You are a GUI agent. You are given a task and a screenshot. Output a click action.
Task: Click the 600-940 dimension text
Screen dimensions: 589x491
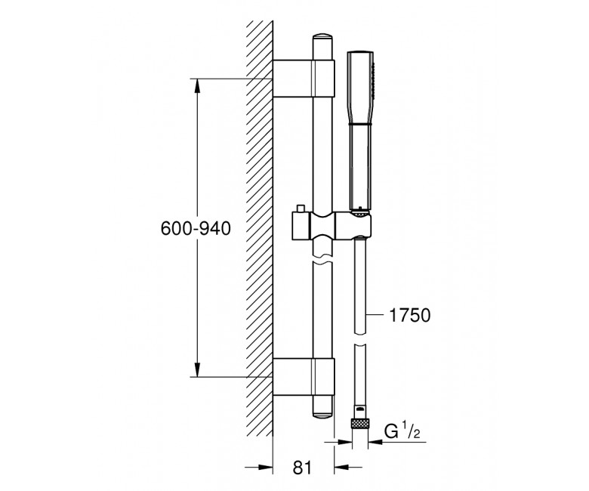click(x=196, y=228)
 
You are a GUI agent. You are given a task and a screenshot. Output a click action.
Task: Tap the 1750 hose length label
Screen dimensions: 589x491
click(x=409, y=315)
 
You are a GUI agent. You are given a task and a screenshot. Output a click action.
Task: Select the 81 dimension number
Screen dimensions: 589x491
click(x=302, y=468)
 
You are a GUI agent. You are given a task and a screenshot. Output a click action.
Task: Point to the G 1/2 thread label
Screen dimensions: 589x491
click(x=402, y=431)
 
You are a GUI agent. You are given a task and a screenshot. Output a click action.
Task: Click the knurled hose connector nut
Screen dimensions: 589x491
click(x=360, y=424)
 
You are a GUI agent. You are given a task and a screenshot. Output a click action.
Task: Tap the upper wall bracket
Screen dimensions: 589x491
click(x=304, y=79)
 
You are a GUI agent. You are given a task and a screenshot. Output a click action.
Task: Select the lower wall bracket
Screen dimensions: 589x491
click(x=304, y=377)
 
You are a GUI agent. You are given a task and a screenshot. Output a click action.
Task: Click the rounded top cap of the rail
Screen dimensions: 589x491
click(x=323, y=39)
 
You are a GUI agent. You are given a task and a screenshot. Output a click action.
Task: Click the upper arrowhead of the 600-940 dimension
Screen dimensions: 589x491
click(x=197, y=85)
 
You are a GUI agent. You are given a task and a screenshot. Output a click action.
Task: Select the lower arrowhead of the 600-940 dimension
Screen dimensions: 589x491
click(x=197, y=369)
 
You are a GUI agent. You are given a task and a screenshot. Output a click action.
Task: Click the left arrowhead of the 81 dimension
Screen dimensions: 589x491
click(x=266, y=468)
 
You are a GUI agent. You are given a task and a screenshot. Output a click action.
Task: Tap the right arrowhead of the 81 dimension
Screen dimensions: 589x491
click(x=341, y=468)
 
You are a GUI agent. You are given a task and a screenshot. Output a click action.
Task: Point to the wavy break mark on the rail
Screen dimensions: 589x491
click(x=323, y=261)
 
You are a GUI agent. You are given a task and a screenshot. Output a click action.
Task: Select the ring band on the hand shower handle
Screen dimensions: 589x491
click(x=360, y=123)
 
